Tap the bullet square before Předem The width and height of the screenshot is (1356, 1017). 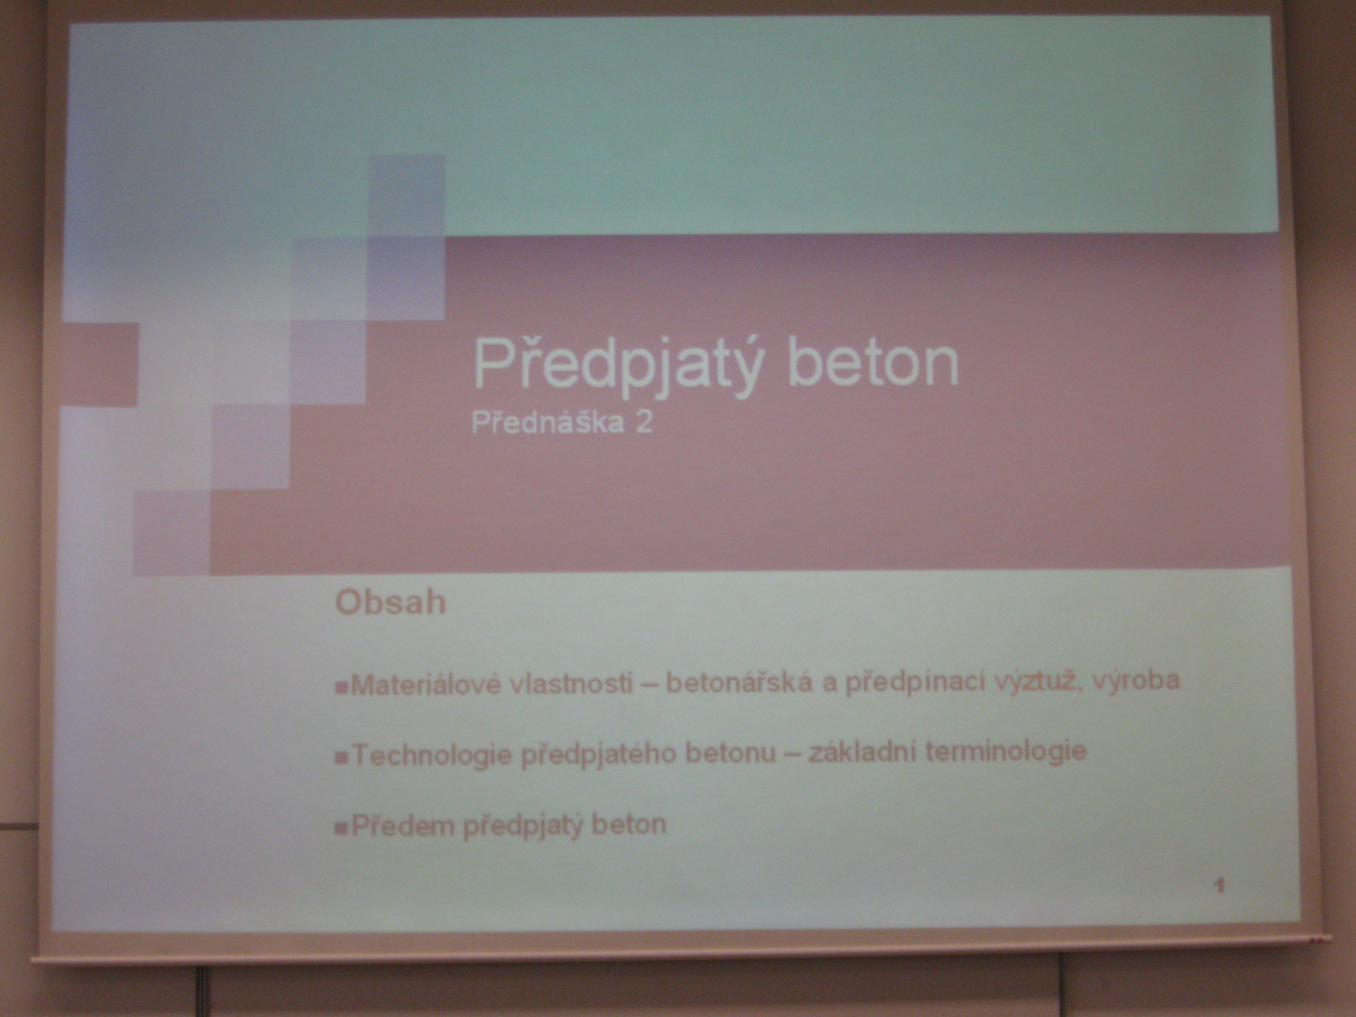[341, 829]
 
